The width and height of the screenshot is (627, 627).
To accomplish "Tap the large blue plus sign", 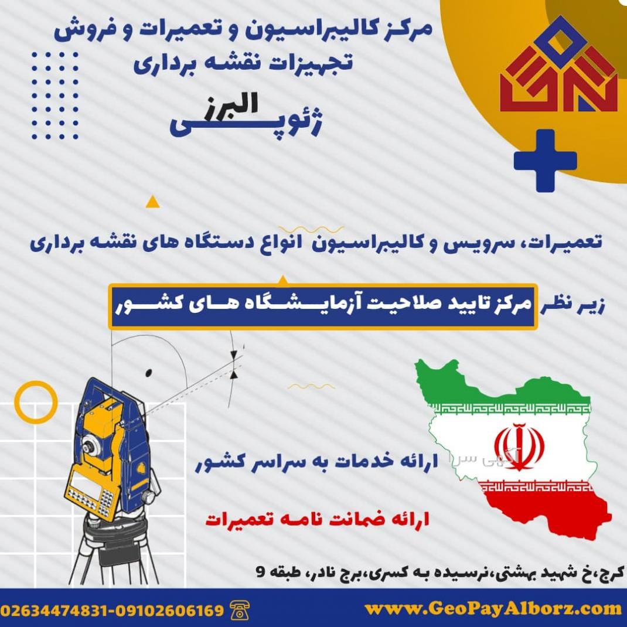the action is (x=545, y=161).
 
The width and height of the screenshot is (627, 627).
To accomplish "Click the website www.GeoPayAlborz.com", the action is (x=493, y=609).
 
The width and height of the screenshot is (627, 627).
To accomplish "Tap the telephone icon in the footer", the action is (x=240, y=610).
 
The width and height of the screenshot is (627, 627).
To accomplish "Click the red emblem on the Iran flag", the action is (x=519, y=446).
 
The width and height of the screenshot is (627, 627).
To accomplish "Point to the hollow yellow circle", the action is (x=36, y=402).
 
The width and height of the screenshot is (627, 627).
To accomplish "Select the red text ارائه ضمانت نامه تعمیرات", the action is (x=318, y=520).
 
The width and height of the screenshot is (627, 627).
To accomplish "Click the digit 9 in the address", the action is (x=260, y=572).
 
